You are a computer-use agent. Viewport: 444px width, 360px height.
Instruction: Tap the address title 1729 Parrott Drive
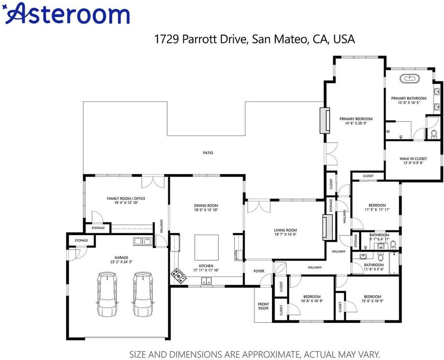pos(254,39)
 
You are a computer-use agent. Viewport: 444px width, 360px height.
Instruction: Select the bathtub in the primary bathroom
pos(409,79)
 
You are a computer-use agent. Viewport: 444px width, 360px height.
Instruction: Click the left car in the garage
pos(107,294)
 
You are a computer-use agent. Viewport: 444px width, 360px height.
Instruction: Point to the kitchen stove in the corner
pos(179,276)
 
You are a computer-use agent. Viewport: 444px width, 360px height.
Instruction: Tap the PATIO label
pos(208,153)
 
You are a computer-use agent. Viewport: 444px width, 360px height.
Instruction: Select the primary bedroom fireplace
pos(324,120)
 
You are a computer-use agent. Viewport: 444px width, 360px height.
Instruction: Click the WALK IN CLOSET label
pos(413,159)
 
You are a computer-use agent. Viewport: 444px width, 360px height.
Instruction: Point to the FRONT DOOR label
pos(263,306)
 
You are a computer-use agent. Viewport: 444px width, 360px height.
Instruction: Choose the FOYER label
pos(259,271)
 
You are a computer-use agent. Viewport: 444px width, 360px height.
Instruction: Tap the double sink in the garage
pos(142,241)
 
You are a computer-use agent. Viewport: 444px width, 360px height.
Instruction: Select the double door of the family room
pos(153,182)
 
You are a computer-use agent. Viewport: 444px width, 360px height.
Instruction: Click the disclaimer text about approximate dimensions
pos(255,354)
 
